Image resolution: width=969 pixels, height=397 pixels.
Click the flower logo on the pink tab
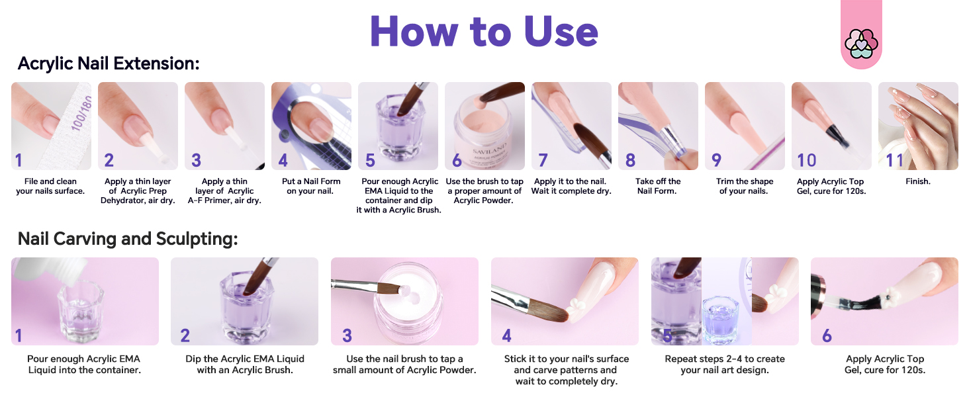pos(861,44)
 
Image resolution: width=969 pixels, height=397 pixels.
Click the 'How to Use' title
pos(484,32)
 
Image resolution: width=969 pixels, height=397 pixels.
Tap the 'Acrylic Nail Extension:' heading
pos(109,64)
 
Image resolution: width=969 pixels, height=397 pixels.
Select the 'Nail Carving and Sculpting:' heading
pos(128,239)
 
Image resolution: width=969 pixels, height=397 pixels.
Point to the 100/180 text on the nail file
pos(81,113)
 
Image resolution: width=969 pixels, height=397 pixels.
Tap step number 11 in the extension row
pos(895,160)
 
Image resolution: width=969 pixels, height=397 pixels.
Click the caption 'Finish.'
pos(918,181)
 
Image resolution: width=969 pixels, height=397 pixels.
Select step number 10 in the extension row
pos(807,160)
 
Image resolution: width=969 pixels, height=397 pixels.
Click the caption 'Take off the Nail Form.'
pos(657,186)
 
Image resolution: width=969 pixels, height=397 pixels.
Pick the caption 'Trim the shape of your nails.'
pos(744,186)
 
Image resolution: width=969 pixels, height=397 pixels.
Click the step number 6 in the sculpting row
pos(827,335)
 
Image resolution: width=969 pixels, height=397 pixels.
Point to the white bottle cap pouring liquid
pos(51,270)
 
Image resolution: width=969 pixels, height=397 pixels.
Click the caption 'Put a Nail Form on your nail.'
pos(311,186)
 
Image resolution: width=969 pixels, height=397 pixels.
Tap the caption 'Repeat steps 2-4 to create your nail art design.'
pos(725,365)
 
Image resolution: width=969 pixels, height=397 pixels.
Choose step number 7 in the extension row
pos(543,160)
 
